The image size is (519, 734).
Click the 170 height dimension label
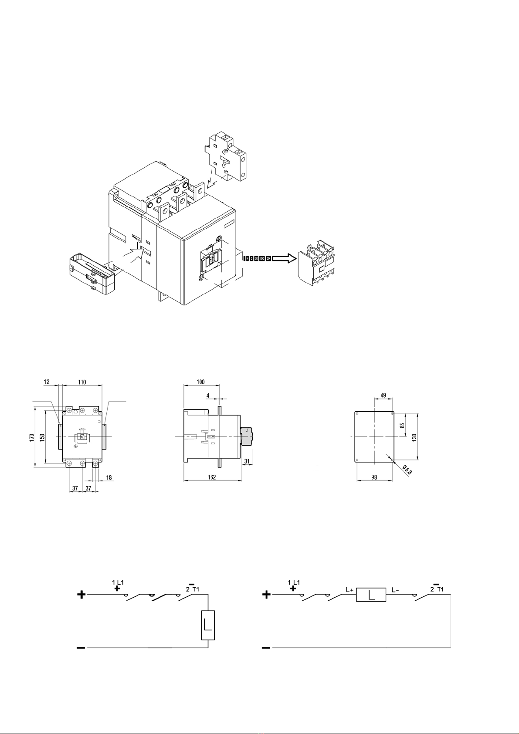(x=31, y=437)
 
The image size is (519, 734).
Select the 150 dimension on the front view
(x=42, y=437)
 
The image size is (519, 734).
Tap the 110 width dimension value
(x=82, y=382)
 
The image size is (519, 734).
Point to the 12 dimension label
(x=47, y=382)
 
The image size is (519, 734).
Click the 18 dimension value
(x=109, y=477)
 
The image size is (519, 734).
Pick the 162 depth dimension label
(x=212, y=477)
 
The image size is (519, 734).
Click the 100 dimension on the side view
(x=200, y=382)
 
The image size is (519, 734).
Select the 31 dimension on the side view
(x=247, y=461)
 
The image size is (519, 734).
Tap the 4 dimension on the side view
(x=208, y=396)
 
